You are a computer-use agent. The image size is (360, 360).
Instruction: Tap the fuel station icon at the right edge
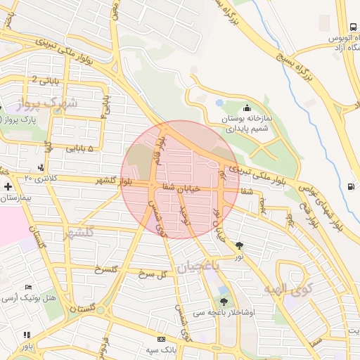[x=351, y=186]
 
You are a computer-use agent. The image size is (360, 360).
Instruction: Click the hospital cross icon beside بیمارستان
[x=7, y=186]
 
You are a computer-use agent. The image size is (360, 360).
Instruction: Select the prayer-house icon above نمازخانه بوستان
[x=247, y=108]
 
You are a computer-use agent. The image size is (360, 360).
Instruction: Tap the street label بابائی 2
[x=40, y=81]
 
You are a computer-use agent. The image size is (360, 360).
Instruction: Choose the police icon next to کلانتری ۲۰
[x=41, y=167]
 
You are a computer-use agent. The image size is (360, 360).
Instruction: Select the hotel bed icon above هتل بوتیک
[x=28, y=288]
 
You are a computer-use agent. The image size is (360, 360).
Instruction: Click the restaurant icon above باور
[x=27, y=335]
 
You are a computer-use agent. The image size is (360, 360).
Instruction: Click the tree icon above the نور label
[x=240, y=245]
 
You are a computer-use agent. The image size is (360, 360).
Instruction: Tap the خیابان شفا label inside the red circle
[x=181, y=188]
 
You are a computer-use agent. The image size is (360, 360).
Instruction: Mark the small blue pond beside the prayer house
[x=220, y=103]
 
